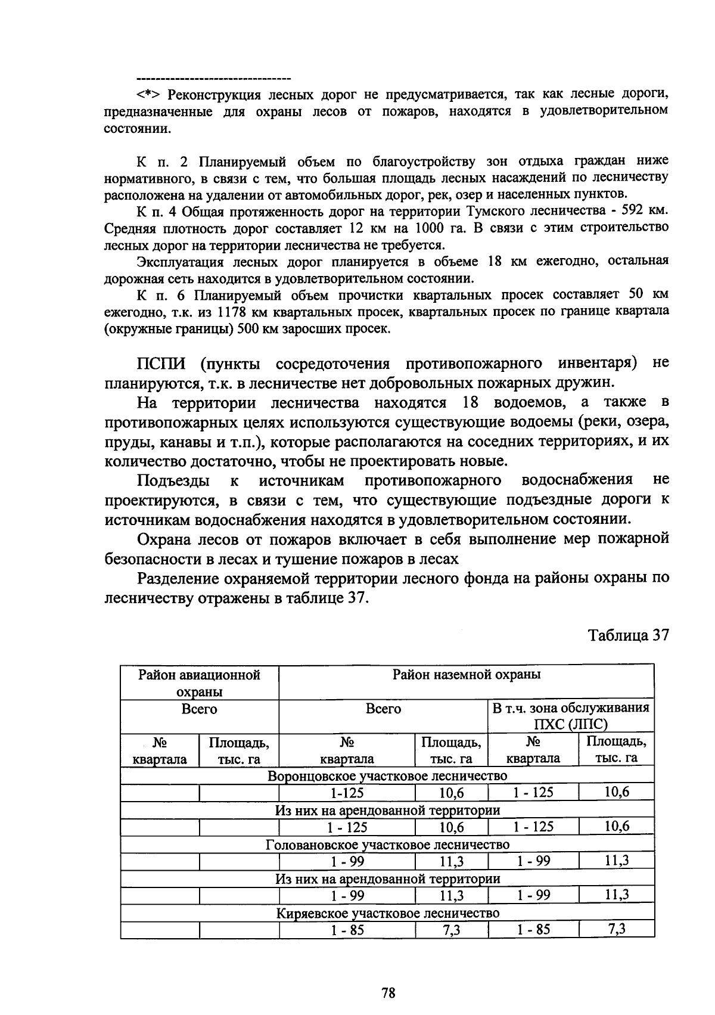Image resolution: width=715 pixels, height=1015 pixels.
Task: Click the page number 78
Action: pyautogui.click(x=388, y=993)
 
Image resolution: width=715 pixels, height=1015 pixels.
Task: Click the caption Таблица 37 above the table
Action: pyautogui.click(x=629, y=635)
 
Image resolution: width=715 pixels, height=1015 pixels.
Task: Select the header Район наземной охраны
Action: pyautogui.click(x=466, y=675)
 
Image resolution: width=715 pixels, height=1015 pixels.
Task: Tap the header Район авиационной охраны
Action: pyautogui.click(x=199, y=683)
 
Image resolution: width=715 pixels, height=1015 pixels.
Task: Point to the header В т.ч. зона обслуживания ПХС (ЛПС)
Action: pyautogui.click(x=570, y=716)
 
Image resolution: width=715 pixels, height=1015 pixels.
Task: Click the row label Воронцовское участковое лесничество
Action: pyautogui.click(x=387, y=776)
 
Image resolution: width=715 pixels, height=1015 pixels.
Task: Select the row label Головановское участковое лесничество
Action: pyautogui.click(x=387, y=845)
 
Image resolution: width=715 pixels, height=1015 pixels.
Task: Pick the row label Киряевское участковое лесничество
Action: pyautogui.click(x=387, y=913)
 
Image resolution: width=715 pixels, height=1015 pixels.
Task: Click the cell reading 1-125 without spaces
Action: pyautogui.click(x=347, y=793)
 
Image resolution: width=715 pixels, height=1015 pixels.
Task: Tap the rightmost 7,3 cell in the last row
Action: pyautogui.click(x=616, y=929)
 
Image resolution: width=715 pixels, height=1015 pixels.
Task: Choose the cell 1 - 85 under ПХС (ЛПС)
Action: pyautogui.click(x=533, y=929)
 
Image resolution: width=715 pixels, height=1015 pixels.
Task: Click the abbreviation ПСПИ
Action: pyautogui.click(x=161, y=364)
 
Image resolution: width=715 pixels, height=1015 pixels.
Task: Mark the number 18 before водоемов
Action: pyautogui.click(x=471, y=402)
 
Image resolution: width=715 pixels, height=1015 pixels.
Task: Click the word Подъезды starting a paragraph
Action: pyautogui.click(x=173, y=480)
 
